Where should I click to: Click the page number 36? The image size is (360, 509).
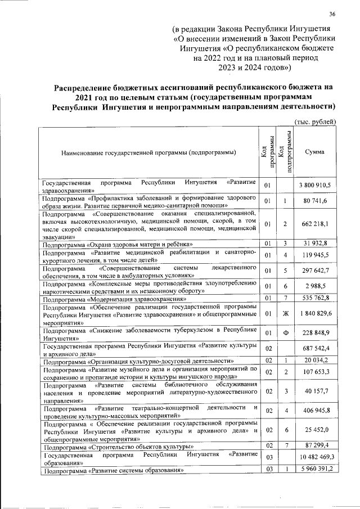click(332, 15)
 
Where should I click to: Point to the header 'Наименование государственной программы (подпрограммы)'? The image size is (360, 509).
click(148, 152)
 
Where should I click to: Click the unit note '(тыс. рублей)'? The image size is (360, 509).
click(316, 121)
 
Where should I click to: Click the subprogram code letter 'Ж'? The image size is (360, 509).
click(285, 313)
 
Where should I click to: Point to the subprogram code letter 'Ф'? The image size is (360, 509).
click(285, 335)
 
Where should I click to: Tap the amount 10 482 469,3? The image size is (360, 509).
click(315, 458)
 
